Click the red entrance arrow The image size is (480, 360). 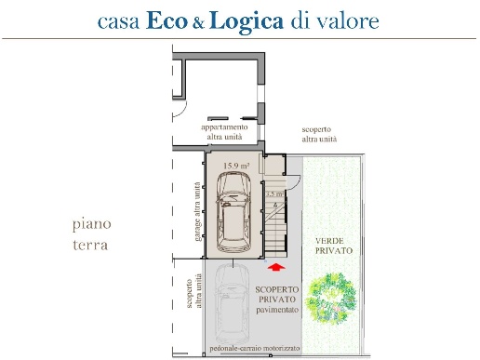[x=275, y=269]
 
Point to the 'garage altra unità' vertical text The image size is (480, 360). [x=198, y=211]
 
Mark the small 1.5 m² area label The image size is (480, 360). [x=273, y=193]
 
